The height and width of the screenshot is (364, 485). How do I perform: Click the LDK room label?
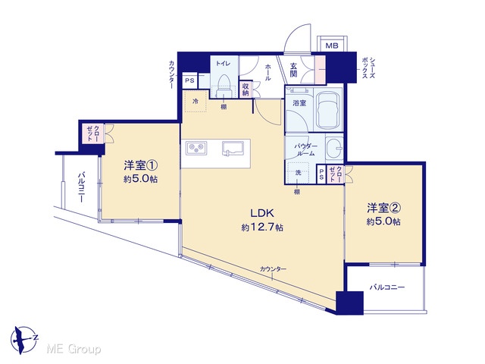tap(262, 213)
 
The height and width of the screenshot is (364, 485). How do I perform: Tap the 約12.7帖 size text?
tap(262, 227)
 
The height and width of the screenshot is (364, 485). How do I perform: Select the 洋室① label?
tap(141, 165)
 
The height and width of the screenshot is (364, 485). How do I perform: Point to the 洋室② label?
tap(384, 208)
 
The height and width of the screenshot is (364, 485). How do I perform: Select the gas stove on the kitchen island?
tap(196, 148)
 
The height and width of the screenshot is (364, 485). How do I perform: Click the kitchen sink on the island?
tap(233, 149)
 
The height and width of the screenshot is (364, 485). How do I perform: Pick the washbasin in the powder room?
tap(334, 147)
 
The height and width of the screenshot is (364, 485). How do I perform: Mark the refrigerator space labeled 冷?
tap(196, 101)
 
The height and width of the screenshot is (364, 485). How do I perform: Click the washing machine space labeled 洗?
tap(298, 173)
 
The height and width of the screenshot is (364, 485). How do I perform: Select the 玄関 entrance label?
tap(293, 70)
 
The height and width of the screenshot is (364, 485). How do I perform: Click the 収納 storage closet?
tap(246, 89)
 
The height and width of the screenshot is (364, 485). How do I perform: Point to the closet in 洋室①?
tap(93, 133)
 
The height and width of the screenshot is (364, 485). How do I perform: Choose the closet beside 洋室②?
tap(335, 174)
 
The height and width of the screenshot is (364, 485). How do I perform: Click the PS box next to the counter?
tap(189, 80)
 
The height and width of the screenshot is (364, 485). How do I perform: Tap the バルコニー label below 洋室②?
tap(387, 287)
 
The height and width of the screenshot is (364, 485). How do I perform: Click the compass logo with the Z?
tap(23, 340)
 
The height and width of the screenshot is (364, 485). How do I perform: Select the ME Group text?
tap(74, 350)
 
